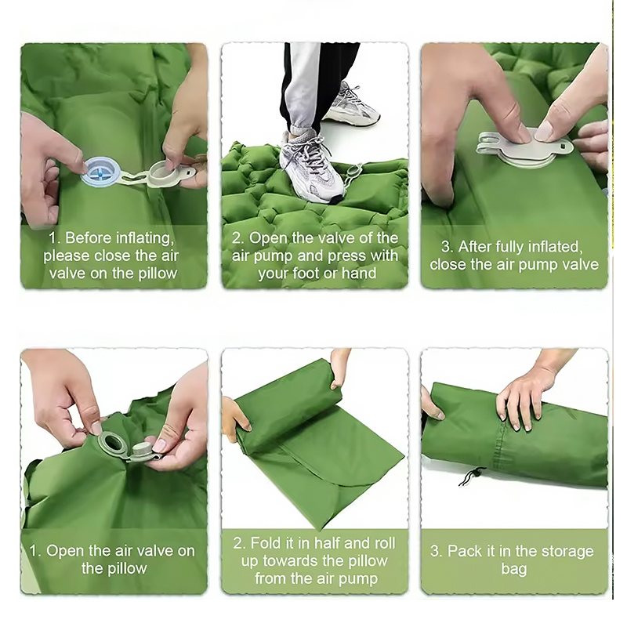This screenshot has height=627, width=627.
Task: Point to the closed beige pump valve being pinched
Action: point(524,145)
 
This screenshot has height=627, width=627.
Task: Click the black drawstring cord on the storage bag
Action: point(472,476)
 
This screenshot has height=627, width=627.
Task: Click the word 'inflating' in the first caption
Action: point(145,238)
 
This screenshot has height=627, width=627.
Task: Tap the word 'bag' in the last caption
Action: point(514,569)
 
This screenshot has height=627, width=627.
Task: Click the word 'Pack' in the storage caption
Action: point(465,551)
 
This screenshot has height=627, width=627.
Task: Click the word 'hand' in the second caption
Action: point(360,273)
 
